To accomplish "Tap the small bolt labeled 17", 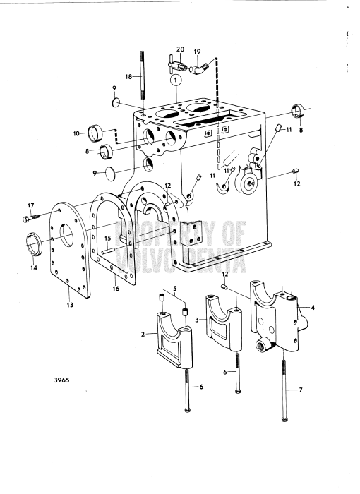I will coord(37,217).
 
